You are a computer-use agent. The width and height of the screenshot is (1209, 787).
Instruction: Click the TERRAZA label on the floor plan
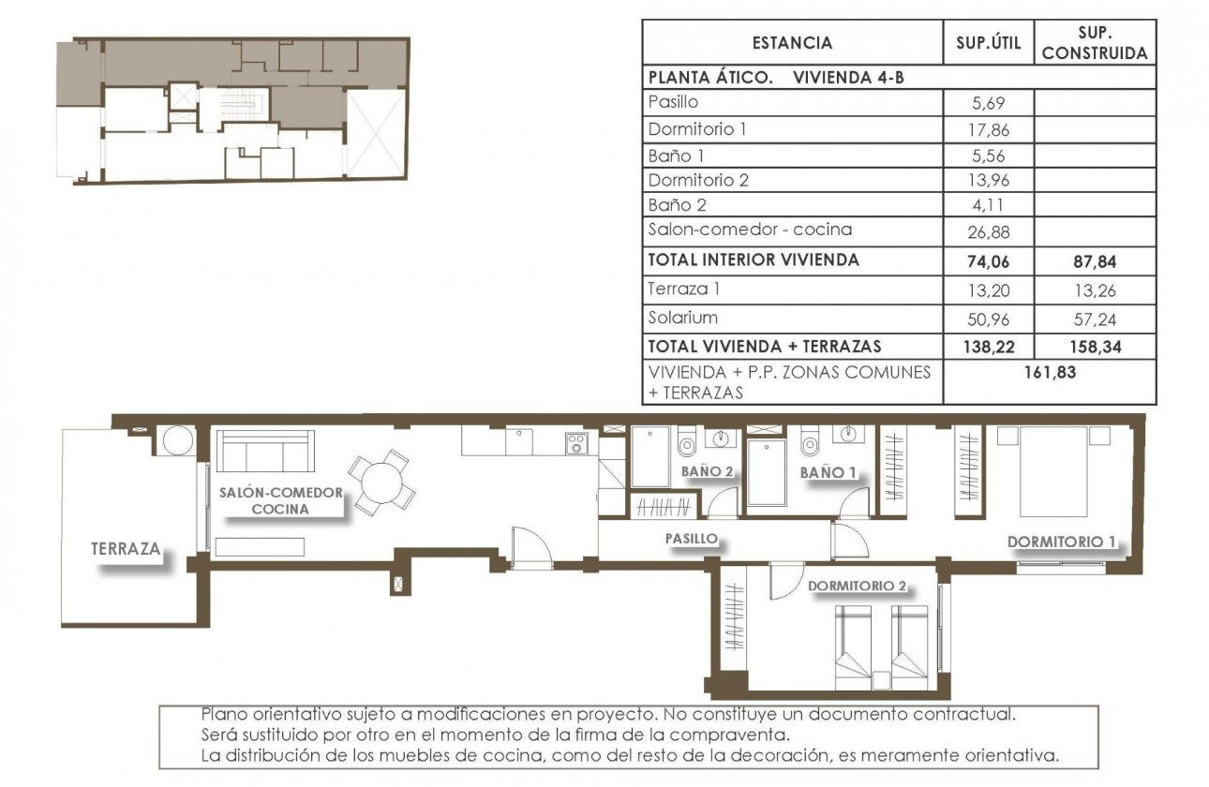tap(127, 549)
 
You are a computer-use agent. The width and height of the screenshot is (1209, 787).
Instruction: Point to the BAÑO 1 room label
tap(828, 473)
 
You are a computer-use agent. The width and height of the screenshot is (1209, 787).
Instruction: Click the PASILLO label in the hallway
tap(691, 539)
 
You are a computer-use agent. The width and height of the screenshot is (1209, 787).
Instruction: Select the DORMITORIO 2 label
tap(857, 587)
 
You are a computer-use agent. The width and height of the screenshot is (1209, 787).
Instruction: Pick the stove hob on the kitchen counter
tap(575, 442)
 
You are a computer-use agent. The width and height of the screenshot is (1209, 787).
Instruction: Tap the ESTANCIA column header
tap(792, 43)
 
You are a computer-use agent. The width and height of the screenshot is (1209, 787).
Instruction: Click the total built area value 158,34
tap(1094, 346)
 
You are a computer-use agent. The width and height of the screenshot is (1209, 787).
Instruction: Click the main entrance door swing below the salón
tap(528, 547)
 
